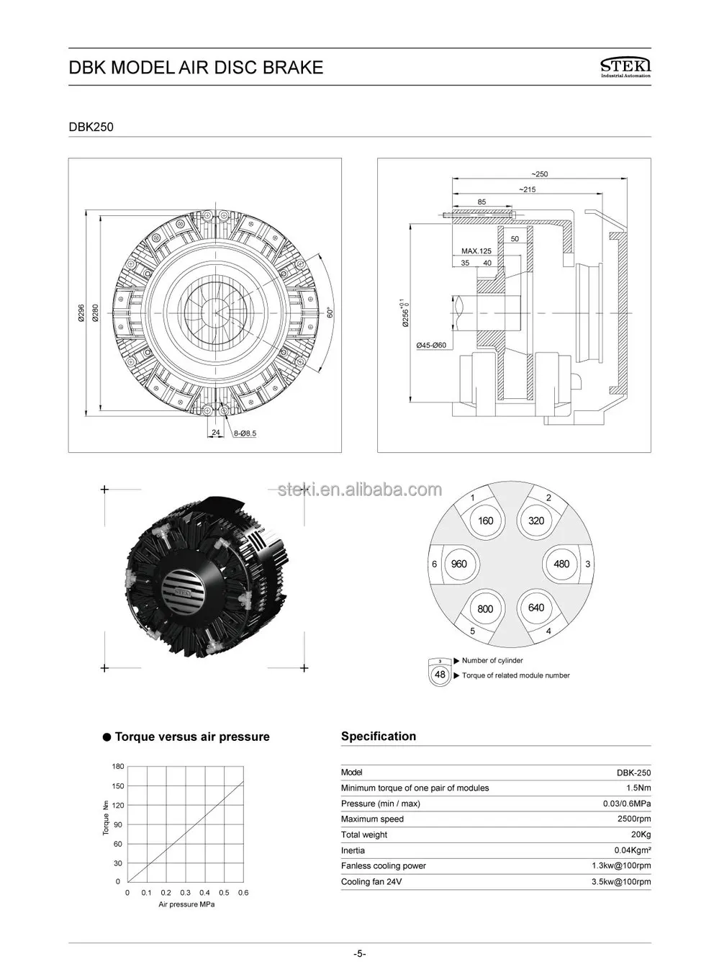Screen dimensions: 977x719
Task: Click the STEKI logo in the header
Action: [x=625, y=68]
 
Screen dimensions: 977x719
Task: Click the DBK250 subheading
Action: [x=91, y=127]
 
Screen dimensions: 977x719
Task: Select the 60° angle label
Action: [x=330, y=314]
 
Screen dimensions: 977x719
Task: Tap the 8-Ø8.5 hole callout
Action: [x=245, y=433]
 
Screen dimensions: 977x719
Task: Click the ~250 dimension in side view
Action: [x=539, y=174]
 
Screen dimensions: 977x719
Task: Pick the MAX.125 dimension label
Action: [x=476, y=251]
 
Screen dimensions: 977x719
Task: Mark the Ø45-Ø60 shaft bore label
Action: [x=431, y=345]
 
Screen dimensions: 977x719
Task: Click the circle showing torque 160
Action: [x=486, y=521]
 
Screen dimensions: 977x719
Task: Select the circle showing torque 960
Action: [x=458, y=564]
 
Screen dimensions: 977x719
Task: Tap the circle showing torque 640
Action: [x=536, y=608]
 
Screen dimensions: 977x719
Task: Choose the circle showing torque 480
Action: [x=561, y=564]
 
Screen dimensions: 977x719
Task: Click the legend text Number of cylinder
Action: [x=492, y=660]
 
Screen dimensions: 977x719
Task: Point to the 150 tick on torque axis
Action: [x=117, y=786]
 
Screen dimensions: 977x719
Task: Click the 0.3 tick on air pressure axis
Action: [x=185, y=893]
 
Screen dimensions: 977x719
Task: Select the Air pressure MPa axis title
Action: [x=186, y=904]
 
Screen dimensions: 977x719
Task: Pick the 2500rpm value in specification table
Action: [x=634, y=819]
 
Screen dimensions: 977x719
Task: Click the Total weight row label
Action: [x=364, y=835]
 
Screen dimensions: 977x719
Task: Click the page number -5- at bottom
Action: [x=359, y=954]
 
